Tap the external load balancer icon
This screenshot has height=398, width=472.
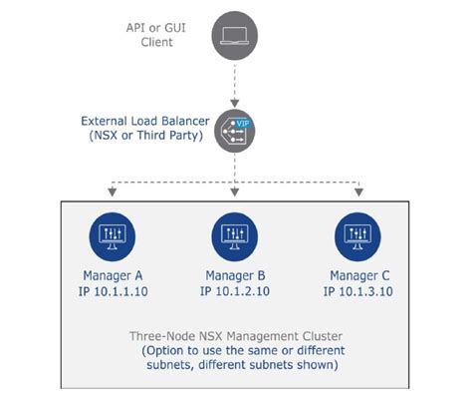[x=235, y=130]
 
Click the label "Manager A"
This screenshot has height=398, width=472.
[x=111, y=275]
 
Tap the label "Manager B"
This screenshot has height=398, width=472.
[x=235, y=275]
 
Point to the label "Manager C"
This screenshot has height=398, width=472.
[x=358, y=275]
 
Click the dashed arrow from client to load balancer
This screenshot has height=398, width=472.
[x=235, y=82]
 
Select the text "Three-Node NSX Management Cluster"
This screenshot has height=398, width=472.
[x=235, y=336]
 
